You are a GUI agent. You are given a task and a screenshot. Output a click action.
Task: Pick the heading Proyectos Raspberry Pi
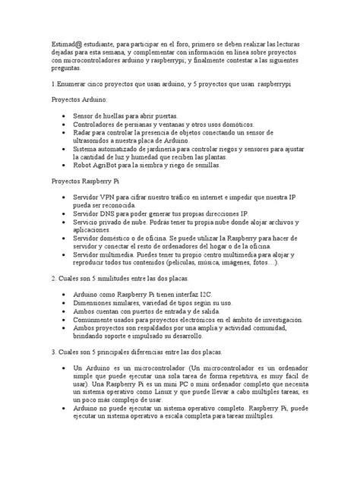pos(85,182)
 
